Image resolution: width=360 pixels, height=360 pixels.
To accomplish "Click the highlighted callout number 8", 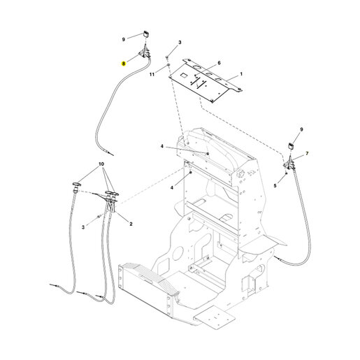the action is click(124, 64).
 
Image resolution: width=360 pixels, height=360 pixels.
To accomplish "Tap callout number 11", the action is click(152, 75).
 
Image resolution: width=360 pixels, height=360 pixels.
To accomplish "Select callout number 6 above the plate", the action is click(219, 63).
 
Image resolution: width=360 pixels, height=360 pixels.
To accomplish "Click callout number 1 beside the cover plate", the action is click(241, 74).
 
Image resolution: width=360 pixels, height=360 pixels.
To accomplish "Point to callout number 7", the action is click(307, 153).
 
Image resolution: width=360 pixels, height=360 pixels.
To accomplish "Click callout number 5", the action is click(275, 186).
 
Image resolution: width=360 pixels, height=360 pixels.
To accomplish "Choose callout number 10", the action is click(101, 164).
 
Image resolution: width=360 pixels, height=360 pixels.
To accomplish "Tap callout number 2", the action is click(131, 224).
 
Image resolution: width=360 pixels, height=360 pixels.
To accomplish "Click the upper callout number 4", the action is click(162, 147).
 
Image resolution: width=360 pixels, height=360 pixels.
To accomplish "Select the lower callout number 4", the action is click(172, 187).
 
